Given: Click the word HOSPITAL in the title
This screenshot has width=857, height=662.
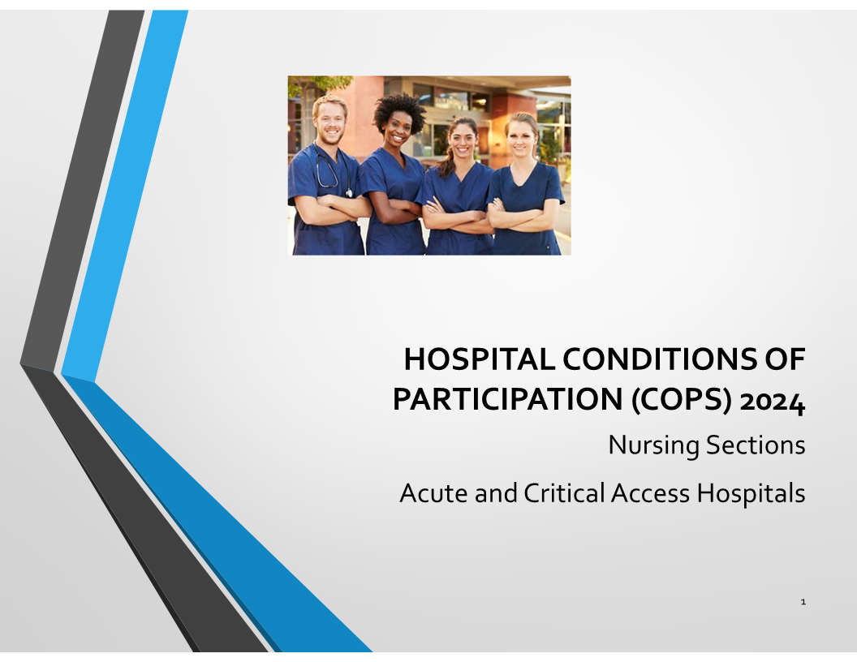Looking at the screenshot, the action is coord(480,359).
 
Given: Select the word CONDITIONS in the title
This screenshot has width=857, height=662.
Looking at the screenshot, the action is coord(659,359).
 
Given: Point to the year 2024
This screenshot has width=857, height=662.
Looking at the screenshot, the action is coord(773,402).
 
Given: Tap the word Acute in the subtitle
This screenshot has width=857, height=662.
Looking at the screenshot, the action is coord(434,493).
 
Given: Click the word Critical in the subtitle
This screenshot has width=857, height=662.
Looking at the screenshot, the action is coord(564,492).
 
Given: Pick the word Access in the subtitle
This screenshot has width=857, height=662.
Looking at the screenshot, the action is coord(650,493).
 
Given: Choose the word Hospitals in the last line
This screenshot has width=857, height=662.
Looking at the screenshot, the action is coord(751,493).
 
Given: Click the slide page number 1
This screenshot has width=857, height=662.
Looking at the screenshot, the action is coord(803,602).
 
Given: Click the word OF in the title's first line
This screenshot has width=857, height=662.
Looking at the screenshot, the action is coord(784,359).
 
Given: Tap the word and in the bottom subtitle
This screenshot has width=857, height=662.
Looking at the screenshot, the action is coord(496,493).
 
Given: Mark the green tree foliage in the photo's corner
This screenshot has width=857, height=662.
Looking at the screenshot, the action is coord(319,84).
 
